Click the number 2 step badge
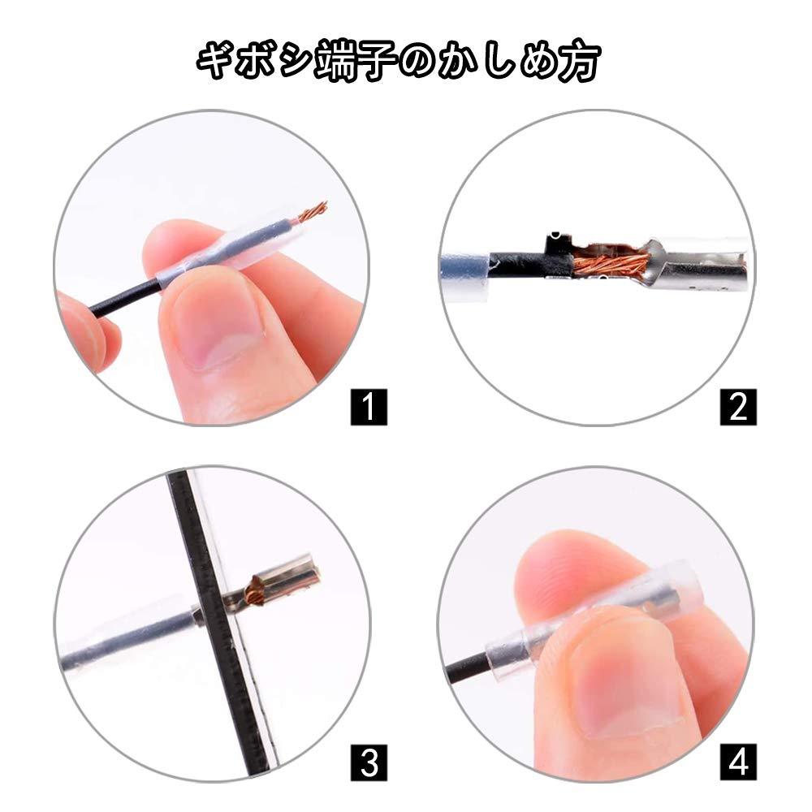737,406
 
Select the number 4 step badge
737,762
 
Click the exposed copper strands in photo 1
312,214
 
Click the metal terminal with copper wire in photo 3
280,581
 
